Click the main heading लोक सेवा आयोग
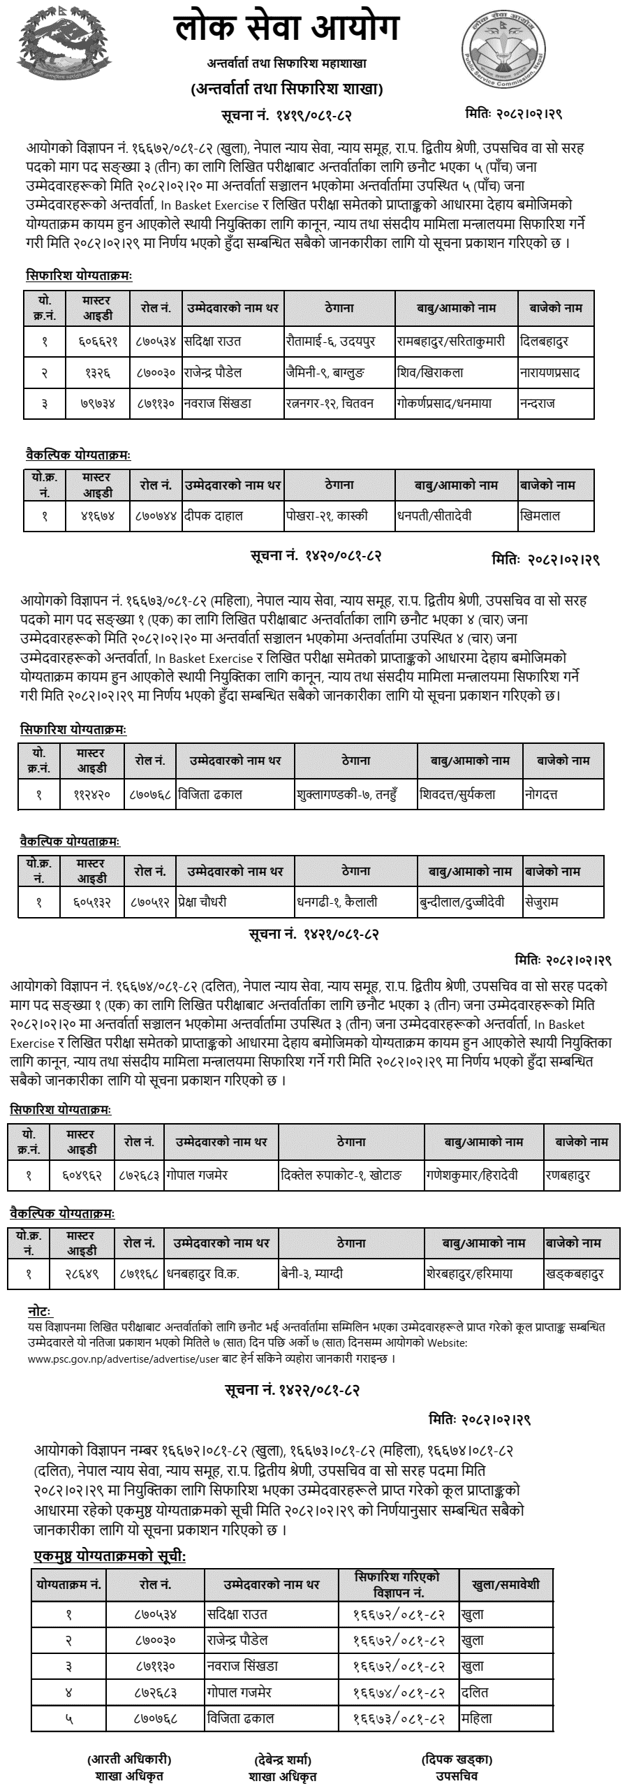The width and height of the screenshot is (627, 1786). [286, 29]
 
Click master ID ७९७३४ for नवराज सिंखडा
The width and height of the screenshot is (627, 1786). [98, 404]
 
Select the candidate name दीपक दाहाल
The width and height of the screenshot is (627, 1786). [213, 516]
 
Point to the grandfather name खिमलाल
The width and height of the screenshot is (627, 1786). [540, 516]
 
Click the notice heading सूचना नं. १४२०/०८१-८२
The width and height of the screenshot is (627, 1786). [316, 556]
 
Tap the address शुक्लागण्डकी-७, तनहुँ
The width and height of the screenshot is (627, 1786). [346, 794]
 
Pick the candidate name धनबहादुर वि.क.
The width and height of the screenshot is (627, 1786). [202, 1273]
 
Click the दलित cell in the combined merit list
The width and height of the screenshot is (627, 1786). [475, 1693]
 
